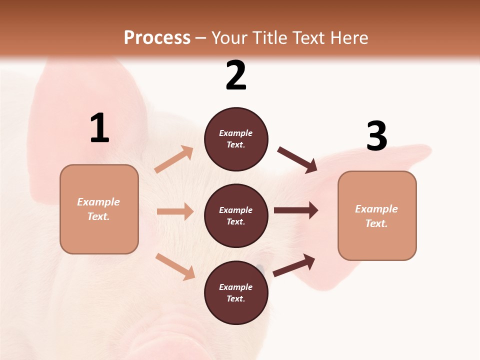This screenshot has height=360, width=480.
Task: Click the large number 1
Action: pyautogui.click(x=99, y=128)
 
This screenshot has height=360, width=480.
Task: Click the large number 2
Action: pyautogui.click(x=236, y=75)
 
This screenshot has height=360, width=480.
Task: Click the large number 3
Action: pyautogui.click(x=376, y=136)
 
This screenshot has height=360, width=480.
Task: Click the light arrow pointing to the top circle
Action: pyautogui.click(x=174, y=159)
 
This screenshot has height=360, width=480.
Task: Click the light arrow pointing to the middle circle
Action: pyautogui.click(x=175, y=211)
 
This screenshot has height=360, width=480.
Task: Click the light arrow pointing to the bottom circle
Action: pyautogui.click(x=175, y=266)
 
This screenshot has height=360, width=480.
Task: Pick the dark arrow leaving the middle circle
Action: pyautogui.click(x=296, y=210)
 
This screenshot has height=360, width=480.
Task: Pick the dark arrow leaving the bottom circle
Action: pyautogui.click(x=294, y=265)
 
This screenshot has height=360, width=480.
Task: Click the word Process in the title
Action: pyautogui.click(x=157, y=37)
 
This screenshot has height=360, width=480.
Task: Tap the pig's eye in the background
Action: pyautogui.click(x=259, y=267)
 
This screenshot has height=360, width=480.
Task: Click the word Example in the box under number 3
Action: pyautogui.click(x=376, y=209)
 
